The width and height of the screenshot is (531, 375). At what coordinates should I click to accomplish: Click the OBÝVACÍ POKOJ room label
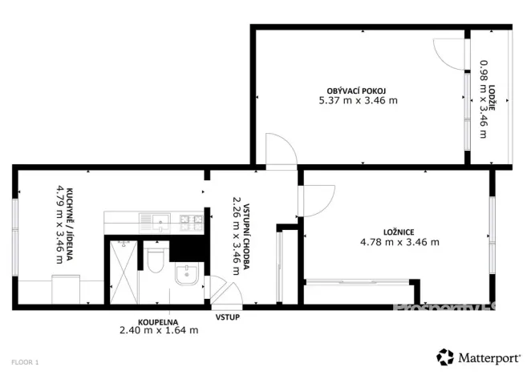click(358, 90)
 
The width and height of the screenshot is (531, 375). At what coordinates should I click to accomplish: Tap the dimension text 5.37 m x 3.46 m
click(358, 101)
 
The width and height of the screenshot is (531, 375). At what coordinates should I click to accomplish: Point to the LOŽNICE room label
click(399, 232)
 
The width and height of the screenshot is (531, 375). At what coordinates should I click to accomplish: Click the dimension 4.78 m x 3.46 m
click(399, 242)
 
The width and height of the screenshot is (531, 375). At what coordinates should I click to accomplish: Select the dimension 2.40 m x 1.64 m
click(156, 329)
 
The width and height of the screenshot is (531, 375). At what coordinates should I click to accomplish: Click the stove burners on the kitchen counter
click(190, 219)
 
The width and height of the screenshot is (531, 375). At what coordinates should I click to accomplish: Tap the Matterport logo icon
click(444, 357)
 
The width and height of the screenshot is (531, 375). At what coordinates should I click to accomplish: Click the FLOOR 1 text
click(25, 362)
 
